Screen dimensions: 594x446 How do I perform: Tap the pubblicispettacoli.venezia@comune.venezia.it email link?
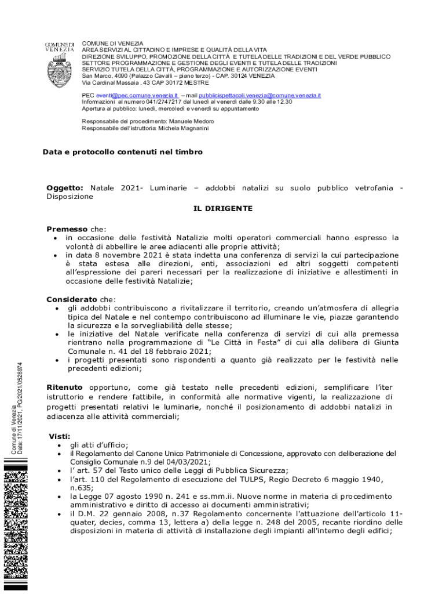click(x=260, y=95)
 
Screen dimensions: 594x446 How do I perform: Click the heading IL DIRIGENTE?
click(x=222, y=208)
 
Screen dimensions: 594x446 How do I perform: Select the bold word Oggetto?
click(x=64, y=188)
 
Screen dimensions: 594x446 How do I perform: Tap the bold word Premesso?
click(x=67, y=229)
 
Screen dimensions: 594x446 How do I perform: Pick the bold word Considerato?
click(x=72, y=299)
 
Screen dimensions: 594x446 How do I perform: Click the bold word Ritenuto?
click(x=64, y=387)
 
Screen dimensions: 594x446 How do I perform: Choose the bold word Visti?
click(x=60, y=436)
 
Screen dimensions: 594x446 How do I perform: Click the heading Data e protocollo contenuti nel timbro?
click(x=123, y=152)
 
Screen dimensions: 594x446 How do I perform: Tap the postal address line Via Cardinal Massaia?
click(x=137, y=82)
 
